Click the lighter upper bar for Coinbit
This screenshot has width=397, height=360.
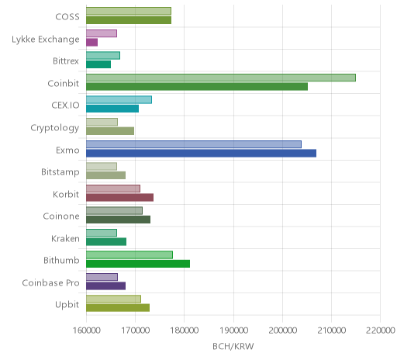[x=221, y=78]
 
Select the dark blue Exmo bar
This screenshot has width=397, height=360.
[x=201, y=153]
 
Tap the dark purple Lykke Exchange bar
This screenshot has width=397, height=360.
[x=91, y=43]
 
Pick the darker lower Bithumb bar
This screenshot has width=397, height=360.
[x=138, y=264]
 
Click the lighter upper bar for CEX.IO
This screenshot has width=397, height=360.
[x=119, y=100]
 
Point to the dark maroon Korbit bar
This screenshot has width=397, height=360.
[x=119, y=197]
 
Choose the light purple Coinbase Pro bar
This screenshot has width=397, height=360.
[x=102, y=277]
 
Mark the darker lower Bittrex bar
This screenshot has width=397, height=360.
[x=98, y=64]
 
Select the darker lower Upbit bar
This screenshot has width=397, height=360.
[x=118, y=308]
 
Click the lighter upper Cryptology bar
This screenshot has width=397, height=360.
[x=102, y=122]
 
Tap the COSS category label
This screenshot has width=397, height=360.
[x=67, y=17]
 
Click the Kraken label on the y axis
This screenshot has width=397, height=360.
[x=65, y=238]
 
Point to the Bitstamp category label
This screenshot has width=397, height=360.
[x=60, y=172]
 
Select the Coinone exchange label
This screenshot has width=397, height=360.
[x=61, y=216]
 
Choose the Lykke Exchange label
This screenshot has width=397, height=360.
[x=46, y=40]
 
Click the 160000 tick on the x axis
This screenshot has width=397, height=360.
[x=86, y=331]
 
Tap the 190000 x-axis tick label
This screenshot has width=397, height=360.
[x=233, y=331]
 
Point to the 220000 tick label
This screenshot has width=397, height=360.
[x=381, y=331]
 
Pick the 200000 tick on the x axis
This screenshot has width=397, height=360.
[x=282, y=331]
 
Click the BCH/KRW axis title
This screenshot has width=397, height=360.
[x=233, y=346]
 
